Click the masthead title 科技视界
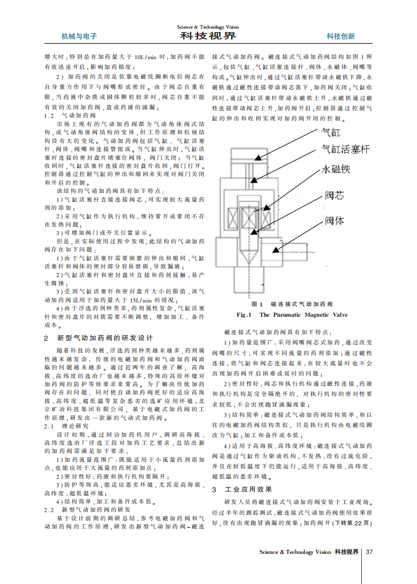(x=208, y=36)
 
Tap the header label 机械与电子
(x=79, y=36)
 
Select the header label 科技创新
(x=341, y=36)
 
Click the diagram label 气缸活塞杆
(x=345, y=149)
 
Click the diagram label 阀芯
(x=335, y=195)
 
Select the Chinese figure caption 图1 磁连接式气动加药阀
(x=292, y=304)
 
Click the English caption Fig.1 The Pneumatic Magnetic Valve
(x=292, y=315)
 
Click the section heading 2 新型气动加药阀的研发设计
(x=98, y=338)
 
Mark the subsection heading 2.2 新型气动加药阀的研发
(x=87, y=510)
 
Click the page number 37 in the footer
(x=370, y=552)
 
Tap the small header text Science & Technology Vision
(x=208, y=27)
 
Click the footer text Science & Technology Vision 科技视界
(x=309, y=552)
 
